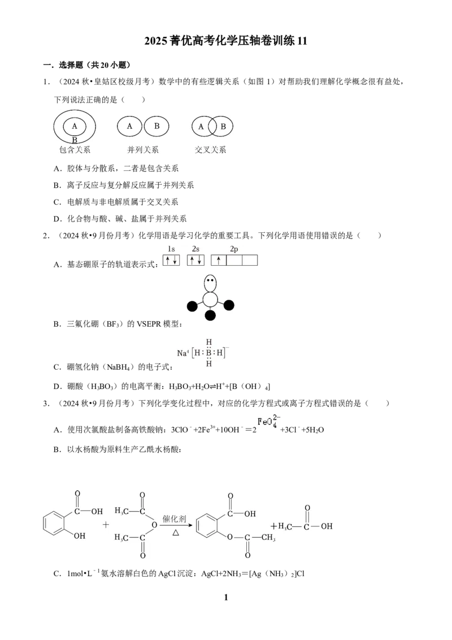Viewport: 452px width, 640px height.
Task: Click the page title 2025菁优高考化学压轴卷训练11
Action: pyautogui.click(x=225, y=41)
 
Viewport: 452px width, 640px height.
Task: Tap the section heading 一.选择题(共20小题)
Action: pyautogui.click(x=87, y=65)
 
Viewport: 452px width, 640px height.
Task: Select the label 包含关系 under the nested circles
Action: pyautogui.click(x=75, y=150)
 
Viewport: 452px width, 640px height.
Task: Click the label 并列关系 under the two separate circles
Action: pyautogui.click(x=143, y=150)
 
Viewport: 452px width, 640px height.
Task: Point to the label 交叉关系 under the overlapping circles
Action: pyautogui.click(x=211, y=150)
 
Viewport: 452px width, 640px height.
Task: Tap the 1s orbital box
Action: pyautogui.click(x=171, y=260)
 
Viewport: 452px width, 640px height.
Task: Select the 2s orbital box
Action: pyautogui.click(x=196, y=260)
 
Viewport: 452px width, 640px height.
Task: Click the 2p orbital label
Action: pyautogui.click(x=234, y=249)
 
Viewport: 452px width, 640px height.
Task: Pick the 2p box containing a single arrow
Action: pyautogui.click(x=219, y=260)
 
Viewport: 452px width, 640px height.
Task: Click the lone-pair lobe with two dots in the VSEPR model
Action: pyautogui.click(x=210, y=283)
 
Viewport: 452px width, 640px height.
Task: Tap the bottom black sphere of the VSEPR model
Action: pyautogui.click(x=210, y=315)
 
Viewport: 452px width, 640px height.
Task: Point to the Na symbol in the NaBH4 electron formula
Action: pyautogui.click(x=182, y=353)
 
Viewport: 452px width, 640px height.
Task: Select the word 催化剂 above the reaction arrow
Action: pyautogui.click(x=174, y=519)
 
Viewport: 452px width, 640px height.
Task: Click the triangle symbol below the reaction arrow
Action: pyautogui.click(x=176, y=533)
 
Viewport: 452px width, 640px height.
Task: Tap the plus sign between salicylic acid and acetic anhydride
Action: pyautogui.click(x=106, y=525)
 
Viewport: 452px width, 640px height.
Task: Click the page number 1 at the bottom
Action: pyautogui.click(x=226, y=598)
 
